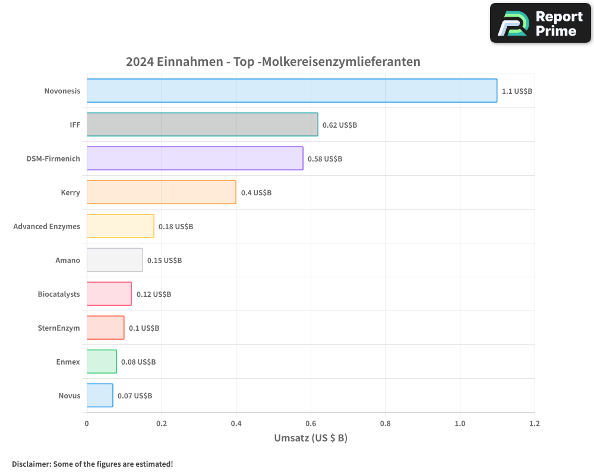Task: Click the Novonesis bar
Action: (292, 91)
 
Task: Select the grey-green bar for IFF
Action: (202, 125)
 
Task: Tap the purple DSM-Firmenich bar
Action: (195, 159)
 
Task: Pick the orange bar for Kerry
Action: (161, 192)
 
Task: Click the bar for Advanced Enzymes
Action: (120, 226)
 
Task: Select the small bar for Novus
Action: (100, 395)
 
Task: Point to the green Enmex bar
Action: (102, 362)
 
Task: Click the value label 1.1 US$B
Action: (517, 91)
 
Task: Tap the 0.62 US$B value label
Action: (340, 125)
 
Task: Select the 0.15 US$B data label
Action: (165, 261)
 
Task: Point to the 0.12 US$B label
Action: (154, 294)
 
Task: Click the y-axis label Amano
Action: (68, 261)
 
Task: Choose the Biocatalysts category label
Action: (59, 294)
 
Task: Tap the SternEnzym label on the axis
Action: (59, 328)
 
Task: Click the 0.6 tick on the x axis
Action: (311, 424)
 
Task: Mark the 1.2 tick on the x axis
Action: (535, 424)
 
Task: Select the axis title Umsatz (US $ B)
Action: (311, 438)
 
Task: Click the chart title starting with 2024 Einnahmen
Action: (273, 61)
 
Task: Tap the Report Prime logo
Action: (541, 23)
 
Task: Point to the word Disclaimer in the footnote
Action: (30, 464)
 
